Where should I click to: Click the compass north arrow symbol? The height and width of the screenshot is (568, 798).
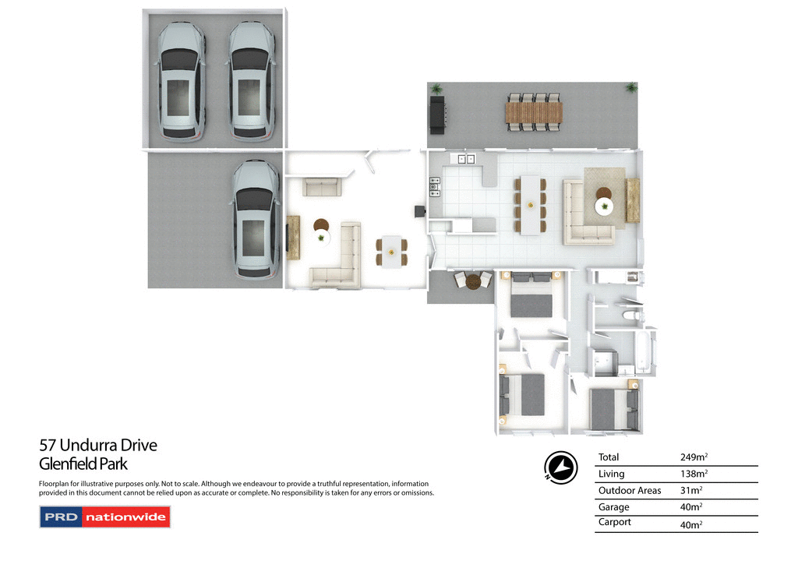click(x=560, y=466)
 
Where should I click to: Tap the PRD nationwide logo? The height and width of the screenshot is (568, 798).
click(x=104, y=517)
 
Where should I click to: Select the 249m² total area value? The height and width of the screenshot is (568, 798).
click(x=694, y=457)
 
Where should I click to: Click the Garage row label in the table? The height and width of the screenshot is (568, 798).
click(x=613, y=506)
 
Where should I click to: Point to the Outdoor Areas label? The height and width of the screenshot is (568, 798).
click(x=629, y=490)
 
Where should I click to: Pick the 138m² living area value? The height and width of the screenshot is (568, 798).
click(x=694, y=474)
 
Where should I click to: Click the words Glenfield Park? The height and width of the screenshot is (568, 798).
click(x=83, y=464)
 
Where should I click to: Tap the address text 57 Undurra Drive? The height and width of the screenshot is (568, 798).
click(x=98, y=446)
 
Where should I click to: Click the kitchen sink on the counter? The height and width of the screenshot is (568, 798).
click(x=468, y=159)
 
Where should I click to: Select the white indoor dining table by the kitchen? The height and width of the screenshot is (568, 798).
click(x=531, y=204)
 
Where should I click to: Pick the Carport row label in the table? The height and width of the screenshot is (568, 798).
click(x=615, y=522)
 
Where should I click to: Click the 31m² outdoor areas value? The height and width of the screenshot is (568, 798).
click(x=691, y=490)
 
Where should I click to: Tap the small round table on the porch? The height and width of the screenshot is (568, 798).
click(x=473, y=281)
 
